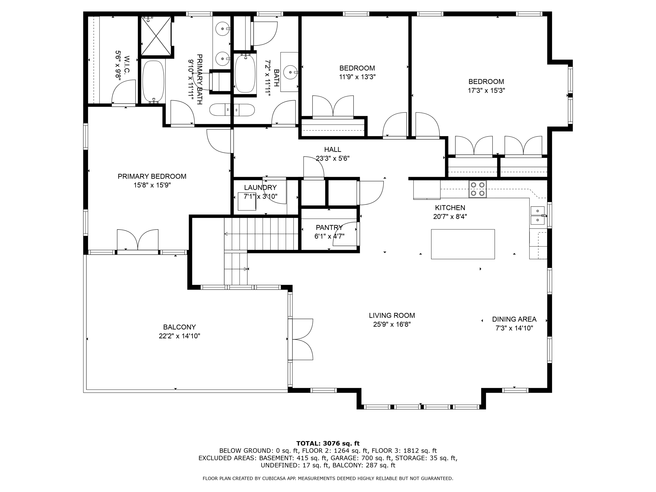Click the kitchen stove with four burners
pos(478,189)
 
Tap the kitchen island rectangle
pos(463,244)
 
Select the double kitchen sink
pos(537,215)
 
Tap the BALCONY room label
pos(180,327)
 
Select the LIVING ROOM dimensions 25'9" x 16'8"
pos(392,324)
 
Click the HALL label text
pos(332,150)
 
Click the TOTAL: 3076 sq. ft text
pos(328,443)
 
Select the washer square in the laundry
pos(247,201)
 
